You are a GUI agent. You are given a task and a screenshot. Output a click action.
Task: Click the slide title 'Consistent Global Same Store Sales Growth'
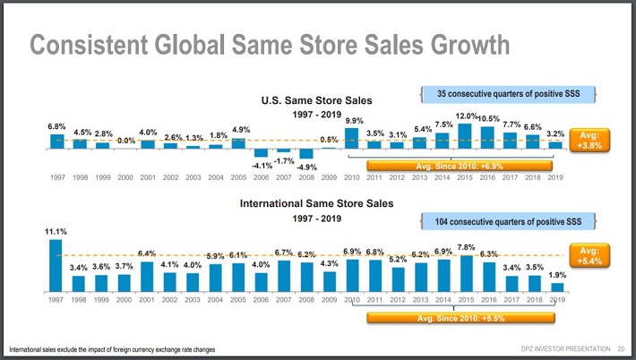coord(270,45)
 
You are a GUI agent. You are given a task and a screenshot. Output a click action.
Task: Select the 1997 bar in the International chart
coord(56,266)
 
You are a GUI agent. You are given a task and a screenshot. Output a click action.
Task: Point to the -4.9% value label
coord(307,167)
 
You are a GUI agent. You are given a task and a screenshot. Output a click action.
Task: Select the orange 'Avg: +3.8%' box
coord(589,139)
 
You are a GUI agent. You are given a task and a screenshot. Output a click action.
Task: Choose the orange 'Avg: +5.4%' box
coord(589,255)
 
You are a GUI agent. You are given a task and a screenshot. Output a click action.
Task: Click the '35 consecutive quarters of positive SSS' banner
coord(509,93)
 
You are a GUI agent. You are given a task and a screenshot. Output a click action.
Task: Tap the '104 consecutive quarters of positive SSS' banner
coord(509,219)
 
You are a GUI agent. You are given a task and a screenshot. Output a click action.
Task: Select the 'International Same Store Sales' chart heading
coord(315,204)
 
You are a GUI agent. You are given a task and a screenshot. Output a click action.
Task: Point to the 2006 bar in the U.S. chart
coord(262,151)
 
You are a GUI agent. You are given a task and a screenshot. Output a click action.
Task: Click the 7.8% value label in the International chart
coord(466,247)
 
